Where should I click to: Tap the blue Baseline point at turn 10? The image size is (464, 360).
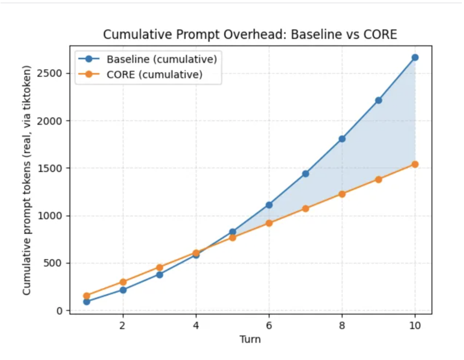click(415, 57)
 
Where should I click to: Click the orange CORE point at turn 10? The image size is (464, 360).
click(415, 164)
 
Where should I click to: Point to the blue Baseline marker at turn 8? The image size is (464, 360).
click(342, 139)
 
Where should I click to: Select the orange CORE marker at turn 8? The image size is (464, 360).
click(342, 194)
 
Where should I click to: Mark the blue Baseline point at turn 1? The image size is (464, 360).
click(86, 302)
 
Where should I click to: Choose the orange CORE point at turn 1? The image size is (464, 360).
click(86, 296)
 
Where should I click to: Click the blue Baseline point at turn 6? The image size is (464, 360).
click(269, 205)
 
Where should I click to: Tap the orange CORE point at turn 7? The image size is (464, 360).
click(306, 209)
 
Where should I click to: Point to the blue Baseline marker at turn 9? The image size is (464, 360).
click(378, 100)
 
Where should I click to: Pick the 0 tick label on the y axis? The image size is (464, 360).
click(60, 311)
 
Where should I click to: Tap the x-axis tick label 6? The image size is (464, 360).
click(269, 326)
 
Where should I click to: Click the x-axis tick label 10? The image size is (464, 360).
click(415, 326)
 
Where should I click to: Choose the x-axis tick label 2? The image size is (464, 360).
click(123, 326)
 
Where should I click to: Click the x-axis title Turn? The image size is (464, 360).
click(250, 340)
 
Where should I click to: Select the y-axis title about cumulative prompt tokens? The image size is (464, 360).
click(27, 181)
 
